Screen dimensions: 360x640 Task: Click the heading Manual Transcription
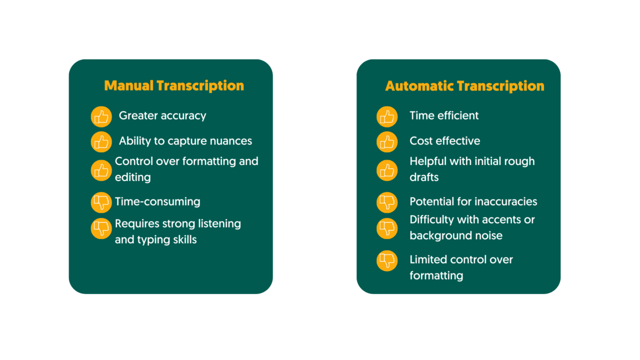click(174, 85)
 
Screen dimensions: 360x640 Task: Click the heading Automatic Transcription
click(464, 86)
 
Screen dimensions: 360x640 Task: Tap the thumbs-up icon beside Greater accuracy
click(101, 116)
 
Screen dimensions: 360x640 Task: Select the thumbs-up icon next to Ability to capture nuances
click(101, 142)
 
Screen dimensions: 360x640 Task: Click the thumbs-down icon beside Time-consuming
click(101, 202)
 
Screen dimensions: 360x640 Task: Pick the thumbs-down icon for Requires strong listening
click(101, 228)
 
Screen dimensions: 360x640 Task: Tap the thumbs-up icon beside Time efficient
click(387, 116)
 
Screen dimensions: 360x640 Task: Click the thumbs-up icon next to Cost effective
click(387, 142)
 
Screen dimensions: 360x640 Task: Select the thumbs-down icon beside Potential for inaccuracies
click(387, 202)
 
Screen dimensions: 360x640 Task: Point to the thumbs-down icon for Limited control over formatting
click(387, 261)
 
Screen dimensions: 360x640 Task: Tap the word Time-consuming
click(157, 201)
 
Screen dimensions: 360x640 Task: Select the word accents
click(501, 219)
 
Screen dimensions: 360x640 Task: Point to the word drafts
click(424, 177)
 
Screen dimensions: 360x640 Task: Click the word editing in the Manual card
click(132, 177)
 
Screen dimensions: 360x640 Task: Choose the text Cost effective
click(444, 141)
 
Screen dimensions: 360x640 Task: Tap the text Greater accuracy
click(162, 115)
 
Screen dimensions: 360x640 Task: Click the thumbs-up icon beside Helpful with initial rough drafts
click(387, 170)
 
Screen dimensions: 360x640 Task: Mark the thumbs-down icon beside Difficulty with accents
click(387, 228)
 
